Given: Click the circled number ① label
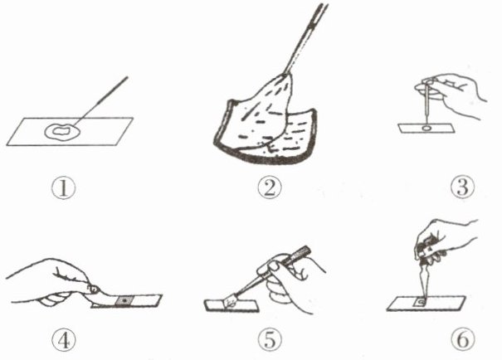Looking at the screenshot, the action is (63, 188).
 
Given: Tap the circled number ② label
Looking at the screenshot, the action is (270, 187).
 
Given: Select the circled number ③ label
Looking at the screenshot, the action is (462, 187).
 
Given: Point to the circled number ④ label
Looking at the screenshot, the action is (64, 340).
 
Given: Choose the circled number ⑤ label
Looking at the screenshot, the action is (270, 340).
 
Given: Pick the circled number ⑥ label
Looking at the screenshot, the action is (463, 340).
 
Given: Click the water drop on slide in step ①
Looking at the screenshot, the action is (62, 131).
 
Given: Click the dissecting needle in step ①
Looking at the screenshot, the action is (101, 100).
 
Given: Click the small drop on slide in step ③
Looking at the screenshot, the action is (426, 129).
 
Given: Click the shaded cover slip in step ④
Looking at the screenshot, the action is (124, 301).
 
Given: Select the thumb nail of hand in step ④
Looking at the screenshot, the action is (94, 289).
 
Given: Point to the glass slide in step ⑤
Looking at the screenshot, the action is (232, 305).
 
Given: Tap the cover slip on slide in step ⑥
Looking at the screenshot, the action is (420, 302).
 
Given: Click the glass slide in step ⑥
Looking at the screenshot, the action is (426, 304).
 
